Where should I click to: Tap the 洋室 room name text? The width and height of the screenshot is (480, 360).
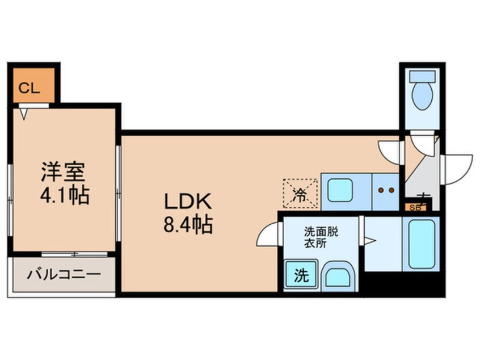tap(64, 171)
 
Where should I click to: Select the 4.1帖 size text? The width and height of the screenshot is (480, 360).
tap(64, 196)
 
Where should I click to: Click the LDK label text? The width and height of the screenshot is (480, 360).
tap(188, 202)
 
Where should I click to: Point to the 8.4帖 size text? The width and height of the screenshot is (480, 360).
tap(188, 225)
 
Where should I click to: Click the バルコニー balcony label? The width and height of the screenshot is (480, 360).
tap(64, 275)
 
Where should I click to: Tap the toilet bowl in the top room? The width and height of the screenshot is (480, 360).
tap(422, 94)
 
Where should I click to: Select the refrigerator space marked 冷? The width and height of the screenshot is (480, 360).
tap(299, 191)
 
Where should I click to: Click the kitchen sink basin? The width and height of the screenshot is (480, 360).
tap(341, 190)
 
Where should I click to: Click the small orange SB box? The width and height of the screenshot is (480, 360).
tap(415, 207)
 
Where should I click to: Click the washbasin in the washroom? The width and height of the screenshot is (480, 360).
tap(338, 277)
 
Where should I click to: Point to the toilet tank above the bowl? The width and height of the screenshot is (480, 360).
tap(422, 77)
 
